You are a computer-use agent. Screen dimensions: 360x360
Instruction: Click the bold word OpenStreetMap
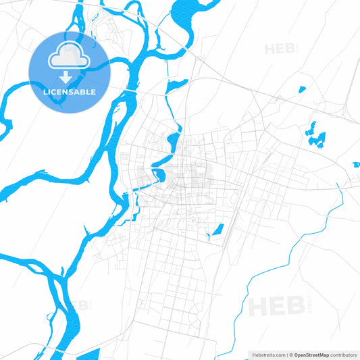point(311,354)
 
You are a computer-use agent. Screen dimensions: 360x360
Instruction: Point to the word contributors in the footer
point(343,354)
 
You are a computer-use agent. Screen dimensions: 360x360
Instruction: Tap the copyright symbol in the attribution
point(291,354)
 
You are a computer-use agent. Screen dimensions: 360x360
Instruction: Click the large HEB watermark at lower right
point(273,307)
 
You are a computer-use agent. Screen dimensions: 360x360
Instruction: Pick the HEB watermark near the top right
point(281,49)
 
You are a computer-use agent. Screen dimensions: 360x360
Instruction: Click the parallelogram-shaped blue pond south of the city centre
point(217,230)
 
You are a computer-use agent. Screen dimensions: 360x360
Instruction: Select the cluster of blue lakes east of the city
point(315,134)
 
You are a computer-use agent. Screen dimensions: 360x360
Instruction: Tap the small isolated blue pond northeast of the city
point(301,90)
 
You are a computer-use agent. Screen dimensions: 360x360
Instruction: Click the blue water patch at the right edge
point(356,164)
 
